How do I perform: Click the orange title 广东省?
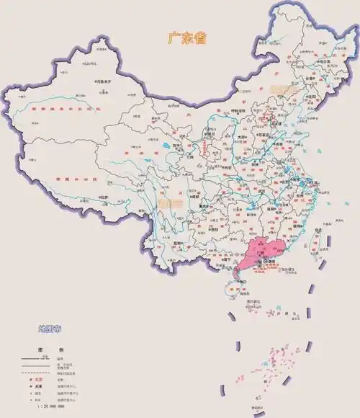click(186, 37)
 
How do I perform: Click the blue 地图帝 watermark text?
click(50, 329)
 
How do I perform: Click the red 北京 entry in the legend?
click(38, 378)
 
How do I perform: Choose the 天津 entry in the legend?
click(38, 386)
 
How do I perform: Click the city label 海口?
click(233, 283)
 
